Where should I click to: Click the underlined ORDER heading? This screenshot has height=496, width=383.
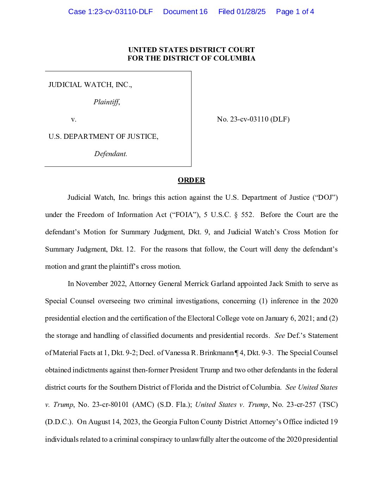pos(191,180)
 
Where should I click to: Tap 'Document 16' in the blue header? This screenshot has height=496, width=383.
pos(185,12)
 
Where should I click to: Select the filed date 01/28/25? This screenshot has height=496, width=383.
pos(251,12)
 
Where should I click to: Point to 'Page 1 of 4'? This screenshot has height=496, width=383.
pos(295,12)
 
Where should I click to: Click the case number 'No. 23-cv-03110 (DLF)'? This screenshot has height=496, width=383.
pos(253,119)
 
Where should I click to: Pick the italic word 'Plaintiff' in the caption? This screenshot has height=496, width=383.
pos(106,102)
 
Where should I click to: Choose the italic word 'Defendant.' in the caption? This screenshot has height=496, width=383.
pos(111,154)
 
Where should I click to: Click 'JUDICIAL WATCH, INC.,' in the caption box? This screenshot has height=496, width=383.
pos(90,85)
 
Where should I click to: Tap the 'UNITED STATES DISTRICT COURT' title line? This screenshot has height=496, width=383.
pos(191,50)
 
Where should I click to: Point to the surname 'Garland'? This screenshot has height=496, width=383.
pos(223,284)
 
